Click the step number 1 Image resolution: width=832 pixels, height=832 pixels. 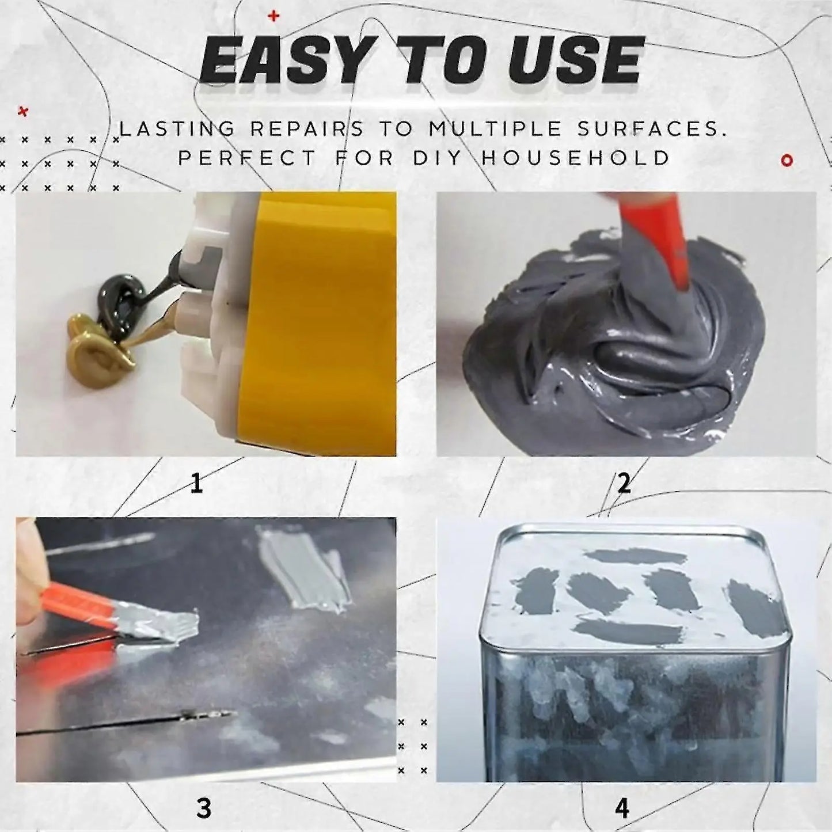pyautogui.click(x=196, y=484)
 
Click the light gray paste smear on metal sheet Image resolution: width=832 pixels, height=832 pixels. pyautogui.click(x=302, y=565)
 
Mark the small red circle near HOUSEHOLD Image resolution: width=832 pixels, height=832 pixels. pyautogui.click(x=787, y=161)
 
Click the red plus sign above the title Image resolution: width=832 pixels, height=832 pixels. pyautogui.click(x=273, y=16)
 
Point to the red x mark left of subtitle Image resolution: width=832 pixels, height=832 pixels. pyautogui.click(x=23, y=112)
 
